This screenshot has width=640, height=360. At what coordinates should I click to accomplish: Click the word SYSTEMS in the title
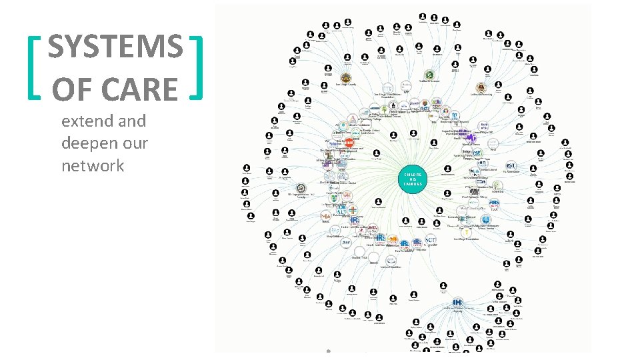(115, 47)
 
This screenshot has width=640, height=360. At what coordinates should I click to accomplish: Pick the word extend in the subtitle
(79, 121)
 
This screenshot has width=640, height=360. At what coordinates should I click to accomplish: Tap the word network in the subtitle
(93, 165)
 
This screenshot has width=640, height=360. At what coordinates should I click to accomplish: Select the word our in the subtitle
(135, 143)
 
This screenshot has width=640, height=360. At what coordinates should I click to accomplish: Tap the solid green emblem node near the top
(430, 75)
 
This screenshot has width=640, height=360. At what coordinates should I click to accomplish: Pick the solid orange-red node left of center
(349, 143)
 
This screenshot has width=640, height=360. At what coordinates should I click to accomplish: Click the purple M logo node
(471, 138)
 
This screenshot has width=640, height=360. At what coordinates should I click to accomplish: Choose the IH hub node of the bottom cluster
(458, 303)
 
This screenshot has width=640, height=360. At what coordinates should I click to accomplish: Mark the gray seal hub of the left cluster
(301, 189)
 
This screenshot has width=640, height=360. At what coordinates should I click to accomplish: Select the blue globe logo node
(486, 220)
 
